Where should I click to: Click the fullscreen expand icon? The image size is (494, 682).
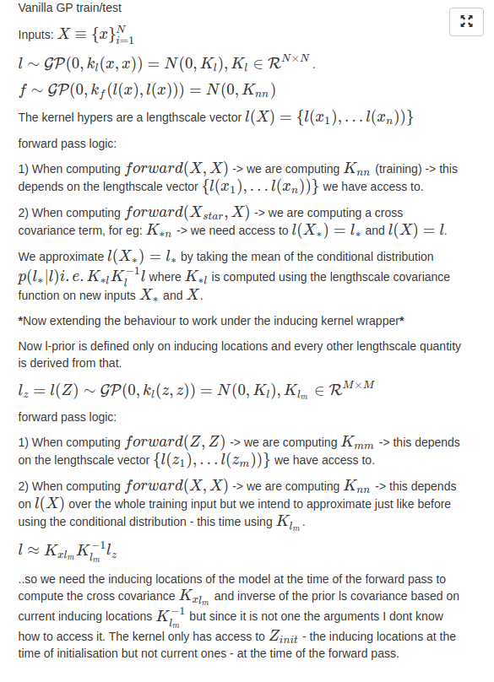tap(464, 21)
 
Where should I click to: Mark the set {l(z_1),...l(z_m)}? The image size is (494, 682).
tap(211, 461)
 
